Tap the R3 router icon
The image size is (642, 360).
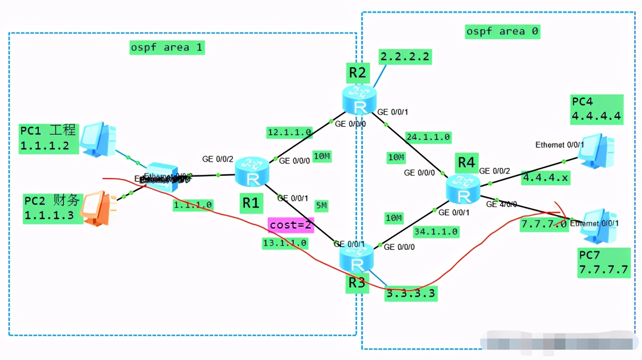(356, 258)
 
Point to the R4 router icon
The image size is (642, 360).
(462, 188)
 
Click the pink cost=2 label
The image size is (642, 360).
(291, 225)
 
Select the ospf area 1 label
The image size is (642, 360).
(167, 47)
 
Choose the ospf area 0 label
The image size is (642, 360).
(502, 31)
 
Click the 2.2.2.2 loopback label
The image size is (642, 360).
(405, 56)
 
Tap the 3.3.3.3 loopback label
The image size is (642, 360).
(411, 293)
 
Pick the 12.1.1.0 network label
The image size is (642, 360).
(289, 132)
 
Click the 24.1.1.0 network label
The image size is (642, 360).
(428, 137)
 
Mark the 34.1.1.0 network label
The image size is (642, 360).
(436, 231)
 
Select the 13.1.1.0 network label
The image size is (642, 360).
(285, 242)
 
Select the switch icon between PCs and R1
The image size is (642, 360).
(161, 177)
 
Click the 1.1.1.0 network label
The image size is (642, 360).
(193, 204)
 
